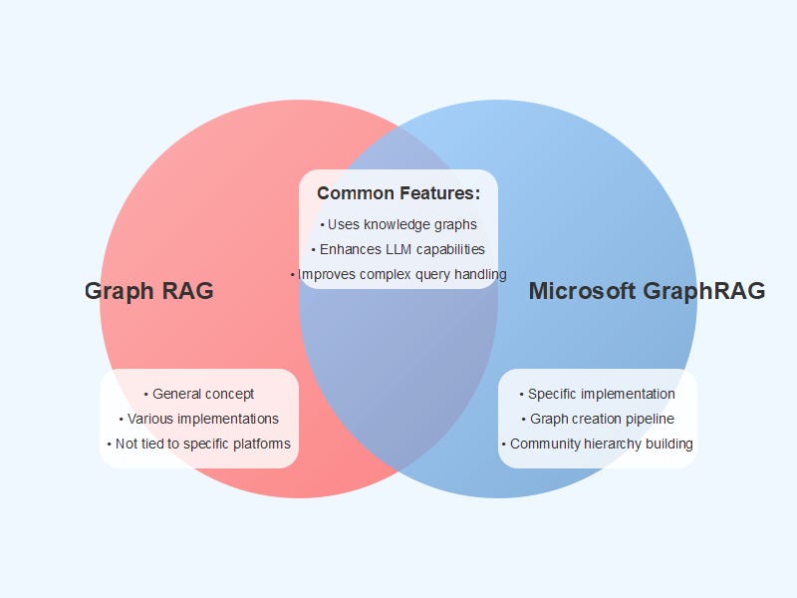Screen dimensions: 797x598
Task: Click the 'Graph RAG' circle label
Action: (148, 291)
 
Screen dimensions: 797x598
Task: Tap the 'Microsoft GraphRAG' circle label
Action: (647, 291)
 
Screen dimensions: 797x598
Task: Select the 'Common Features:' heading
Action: (398, 193)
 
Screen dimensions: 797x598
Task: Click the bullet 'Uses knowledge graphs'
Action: (398, 224)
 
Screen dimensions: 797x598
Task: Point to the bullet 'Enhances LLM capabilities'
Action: (398, 249)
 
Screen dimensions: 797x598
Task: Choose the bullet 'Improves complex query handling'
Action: (398, 274)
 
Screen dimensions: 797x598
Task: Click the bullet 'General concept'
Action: (199, 394)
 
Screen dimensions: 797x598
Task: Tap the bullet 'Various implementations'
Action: (199, 419)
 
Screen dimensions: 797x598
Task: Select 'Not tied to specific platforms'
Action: (199, 444)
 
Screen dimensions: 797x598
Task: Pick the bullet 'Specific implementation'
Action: (598, 394)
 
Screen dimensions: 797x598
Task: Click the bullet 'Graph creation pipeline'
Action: (598, 419)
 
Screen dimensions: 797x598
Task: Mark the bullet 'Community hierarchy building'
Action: (598, 444)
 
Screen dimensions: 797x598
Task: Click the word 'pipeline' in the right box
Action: (650, 419)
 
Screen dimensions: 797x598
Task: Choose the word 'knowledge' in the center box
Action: (399, 224)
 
